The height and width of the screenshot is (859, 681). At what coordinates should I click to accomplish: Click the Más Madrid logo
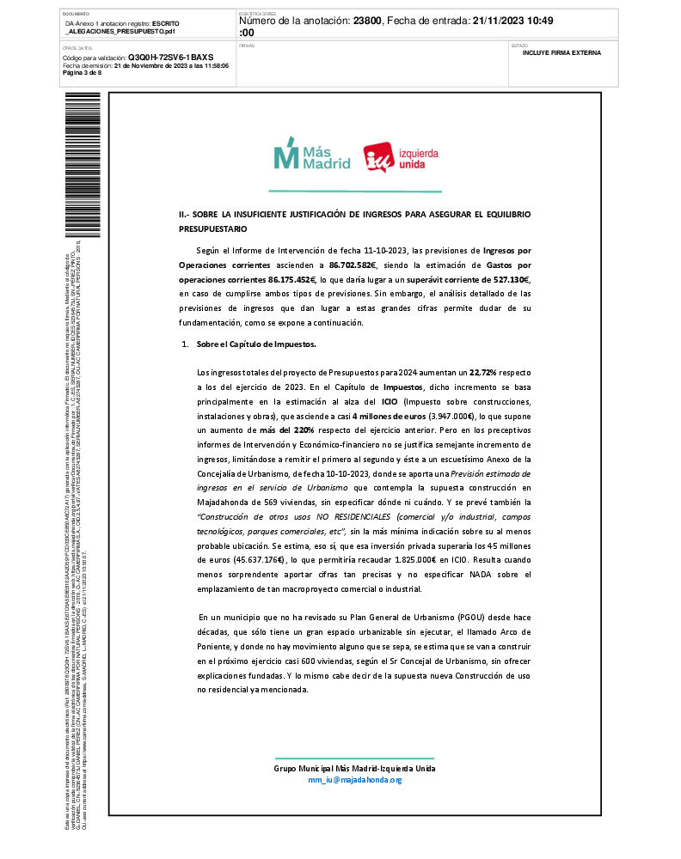[311, 155]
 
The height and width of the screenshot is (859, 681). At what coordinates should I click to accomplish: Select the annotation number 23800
[371, 21]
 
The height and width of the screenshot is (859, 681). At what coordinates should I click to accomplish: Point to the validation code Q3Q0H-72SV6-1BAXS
[164, 58]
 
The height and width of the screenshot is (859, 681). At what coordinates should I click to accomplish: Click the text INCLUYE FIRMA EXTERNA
[561, 52]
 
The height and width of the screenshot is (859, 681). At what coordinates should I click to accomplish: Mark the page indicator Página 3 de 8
[83, 72]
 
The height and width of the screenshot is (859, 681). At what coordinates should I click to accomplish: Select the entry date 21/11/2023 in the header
[503, 21]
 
